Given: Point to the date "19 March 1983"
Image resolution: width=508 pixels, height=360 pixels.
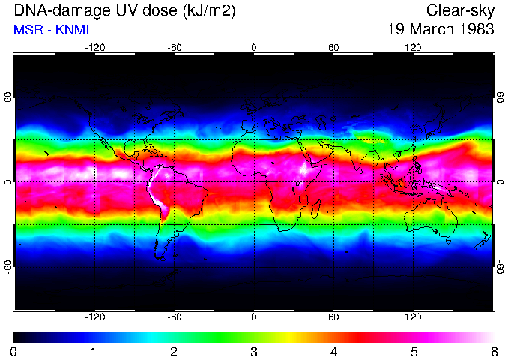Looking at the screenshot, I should click(441, 29).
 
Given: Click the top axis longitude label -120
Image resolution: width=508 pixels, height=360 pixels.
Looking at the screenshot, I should click(94, 47).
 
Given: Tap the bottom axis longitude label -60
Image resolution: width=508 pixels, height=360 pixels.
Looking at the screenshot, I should click(175, 317).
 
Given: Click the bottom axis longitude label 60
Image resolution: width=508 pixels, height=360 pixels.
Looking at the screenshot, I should click(333, 317).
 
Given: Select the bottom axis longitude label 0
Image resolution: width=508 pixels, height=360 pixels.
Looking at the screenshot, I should click(254, 317).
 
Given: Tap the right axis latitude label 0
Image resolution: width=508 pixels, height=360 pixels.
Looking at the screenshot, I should click(500, 182).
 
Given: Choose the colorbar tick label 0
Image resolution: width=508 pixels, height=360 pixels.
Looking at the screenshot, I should click(14, 351).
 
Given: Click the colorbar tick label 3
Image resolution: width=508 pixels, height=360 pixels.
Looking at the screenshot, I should click(254, 351).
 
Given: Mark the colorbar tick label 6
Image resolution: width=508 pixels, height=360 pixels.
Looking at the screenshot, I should click(494, 351).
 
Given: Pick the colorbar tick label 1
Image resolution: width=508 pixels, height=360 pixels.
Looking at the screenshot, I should click(94, 351).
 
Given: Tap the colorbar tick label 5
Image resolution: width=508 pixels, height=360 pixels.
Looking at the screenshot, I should click(414, 351).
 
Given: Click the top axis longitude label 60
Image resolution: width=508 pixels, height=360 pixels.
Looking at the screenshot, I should click(333, 47).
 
